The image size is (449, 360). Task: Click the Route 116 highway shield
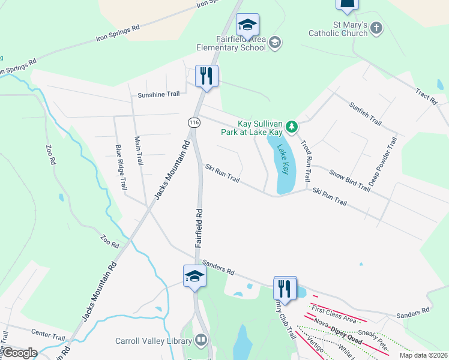193,122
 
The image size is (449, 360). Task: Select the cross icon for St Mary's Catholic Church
376,28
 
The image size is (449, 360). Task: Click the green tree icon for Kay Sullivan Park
292,127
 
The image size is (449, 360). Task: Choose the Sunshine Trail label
158,95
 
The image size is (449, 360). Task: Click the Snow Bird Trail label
349,180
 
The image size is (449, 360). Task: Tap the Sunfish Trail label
365,113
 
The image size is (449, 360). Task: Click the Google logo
19,353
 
